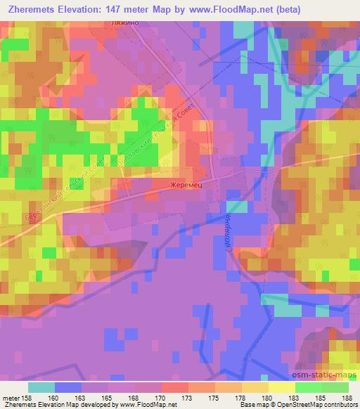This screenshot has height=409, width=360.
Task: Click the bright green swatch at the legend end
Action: pyautogui.click(x=335, y=387)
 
